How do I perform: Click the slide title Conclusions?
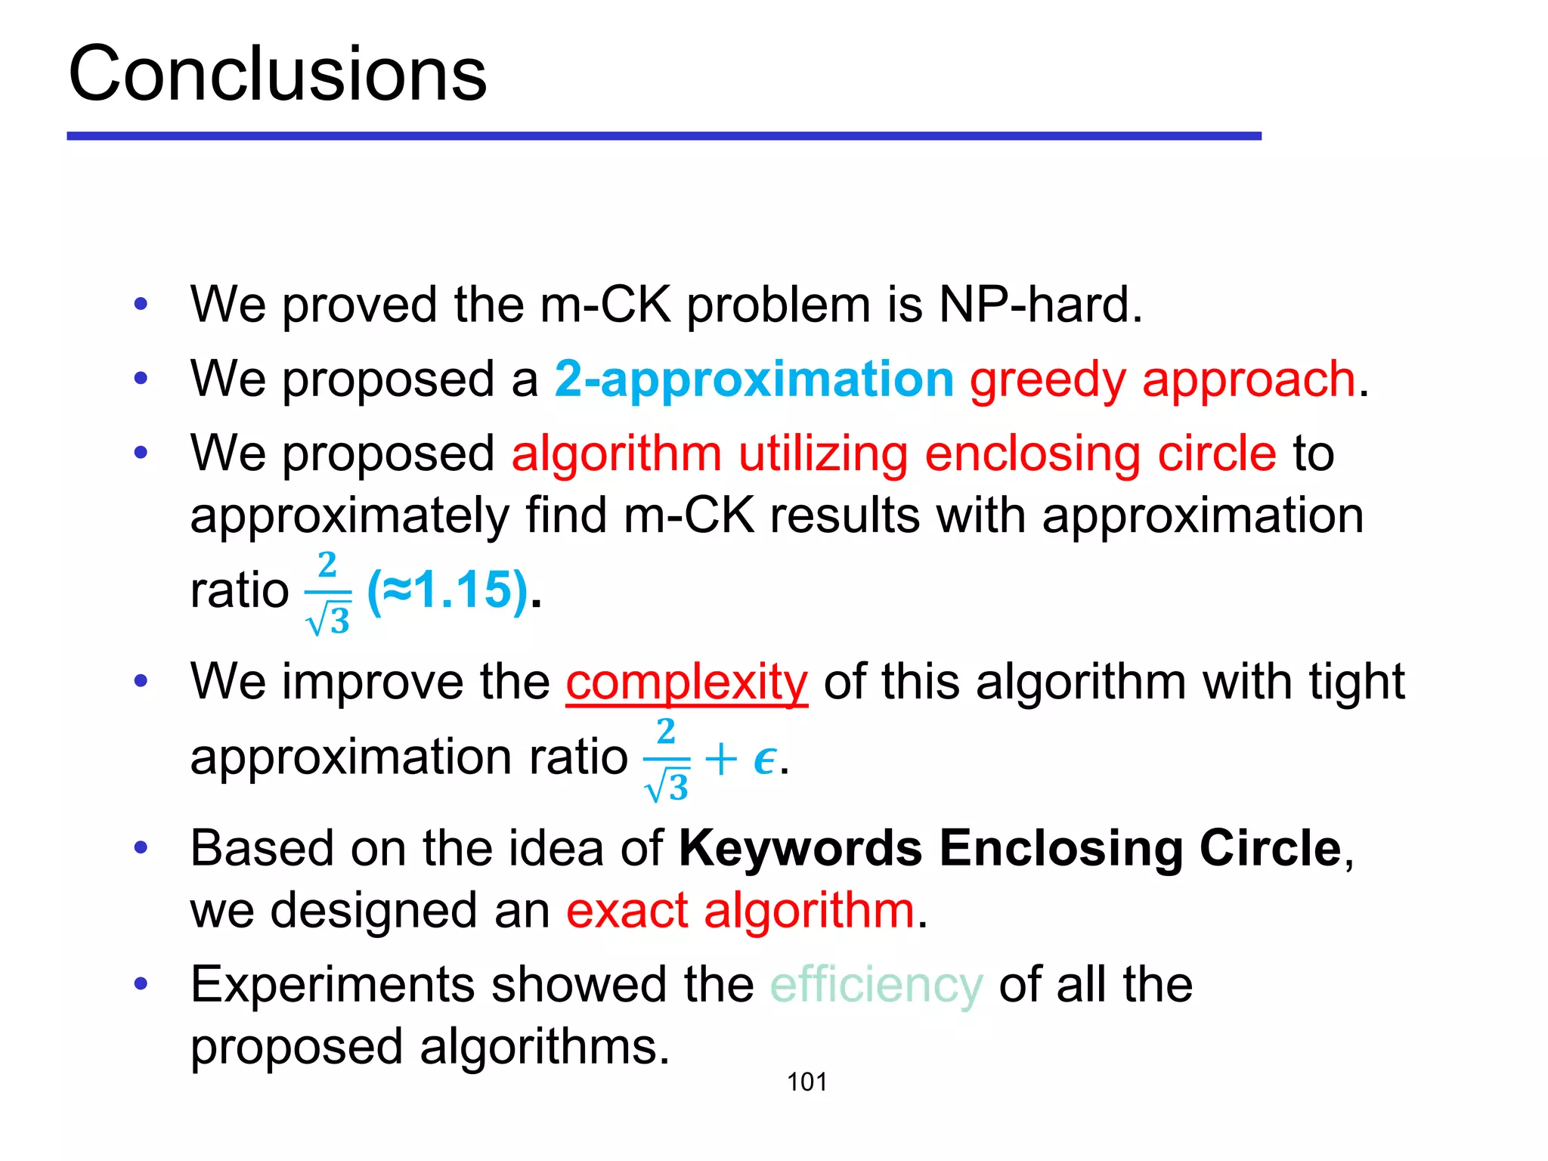277,73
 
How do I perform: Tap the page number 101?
807,1082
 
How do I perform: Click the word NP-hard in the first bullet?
1040,305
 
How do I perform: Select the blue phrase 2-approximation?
754,379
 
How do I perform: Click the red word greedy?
1048,380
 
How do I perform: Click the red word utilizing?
823,454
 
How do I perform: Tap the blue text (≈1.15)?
447,590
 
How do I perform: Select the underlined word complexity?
686,682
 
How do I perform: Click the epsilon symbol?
764,759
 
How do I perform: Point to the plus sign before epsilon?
720,759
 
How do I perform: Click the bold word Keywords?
800,848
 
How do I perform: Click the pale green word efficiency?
876,985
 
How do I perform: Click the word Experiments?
333,985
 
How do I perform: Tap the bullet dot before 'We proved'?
141,305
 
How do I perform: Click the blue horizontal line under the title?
664,136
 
